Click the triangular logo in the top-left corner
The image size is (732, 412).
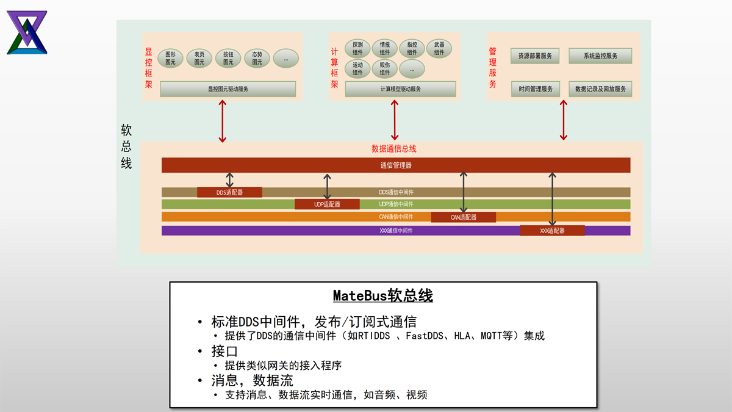tap(27, 32)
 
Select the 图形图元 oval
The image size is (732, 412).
tap(170, 58)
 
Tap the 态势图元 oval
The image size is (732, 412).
tap(257, 58)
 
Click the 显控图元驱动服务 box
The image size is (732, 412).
tap(228, 89)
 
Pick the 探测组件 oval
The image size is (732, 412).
tap(357, 49)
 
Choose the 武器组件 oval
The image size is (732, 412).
tap(439, 49)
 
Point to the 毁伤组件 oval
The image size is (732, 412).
tap(384, 69)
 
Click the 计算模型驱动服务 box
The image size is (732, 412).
tap(400, 89)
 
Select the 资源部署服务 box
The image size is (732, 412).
tap(535, 56)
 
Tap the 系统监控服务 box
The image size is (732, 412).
tap(600, 56)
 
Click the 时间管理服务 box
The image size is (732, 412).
tap(535, 89)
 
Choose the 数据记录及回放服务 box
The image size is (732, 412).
tap(600, 89)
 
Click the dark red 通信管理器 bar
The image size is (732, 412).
tap(396, 165)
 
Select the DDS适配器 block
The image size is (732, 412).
tap(229, 192)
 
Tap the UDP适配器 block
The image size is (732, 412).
tap(327, 204)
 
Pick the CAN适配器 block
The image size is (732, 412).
tap(464, 217)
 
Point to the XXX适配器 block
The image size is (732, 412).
tap(552, 231)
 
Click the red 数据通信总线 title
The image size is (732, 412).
tap(394, 149)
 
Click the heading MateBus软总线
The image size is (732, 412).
tap(382, 296)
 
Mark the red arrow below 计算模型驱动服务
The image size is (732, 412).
tap(395, 120)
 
